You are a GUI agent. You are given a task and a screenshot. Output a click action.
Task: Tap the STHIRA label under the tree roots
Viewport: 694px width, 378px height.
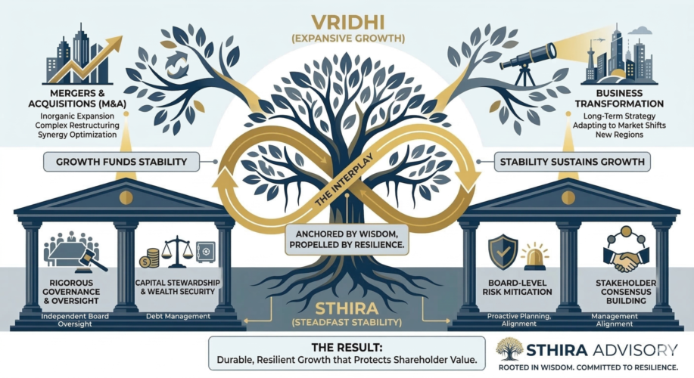point(346,308)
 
